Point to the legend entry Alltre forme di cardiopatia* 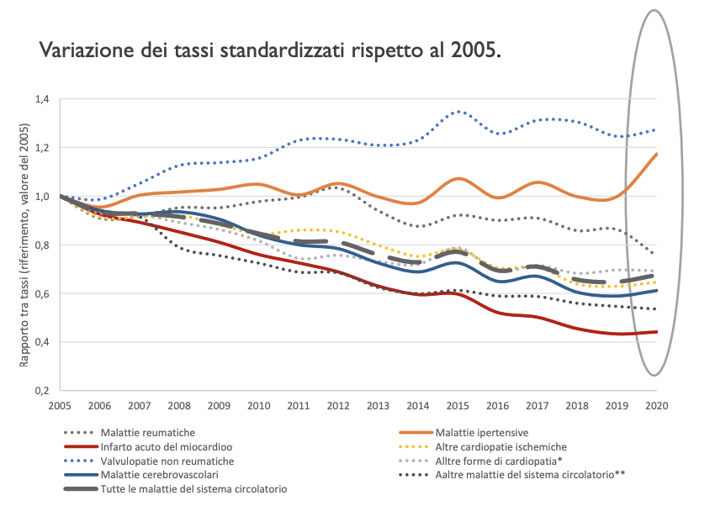pos(498,461)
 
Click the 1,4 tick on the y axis pos(43,99)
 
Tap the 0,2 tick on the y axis pos(43,391)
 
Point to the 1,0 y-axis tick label pos(43,197)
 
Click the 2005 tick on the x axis pos(59,406)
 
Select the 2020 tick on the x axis pos(656,406)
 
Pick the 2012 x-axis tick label pos(338,406)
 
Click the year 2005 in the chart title pos(476,50)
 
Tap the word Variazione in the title pos(82,50)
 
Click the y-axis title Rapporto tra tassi pos(24,245)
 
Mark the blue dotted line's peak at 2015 pos(458,111)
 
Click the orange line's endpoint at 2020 pos(656,154)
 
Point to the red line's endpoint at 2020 pos(656,332)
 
